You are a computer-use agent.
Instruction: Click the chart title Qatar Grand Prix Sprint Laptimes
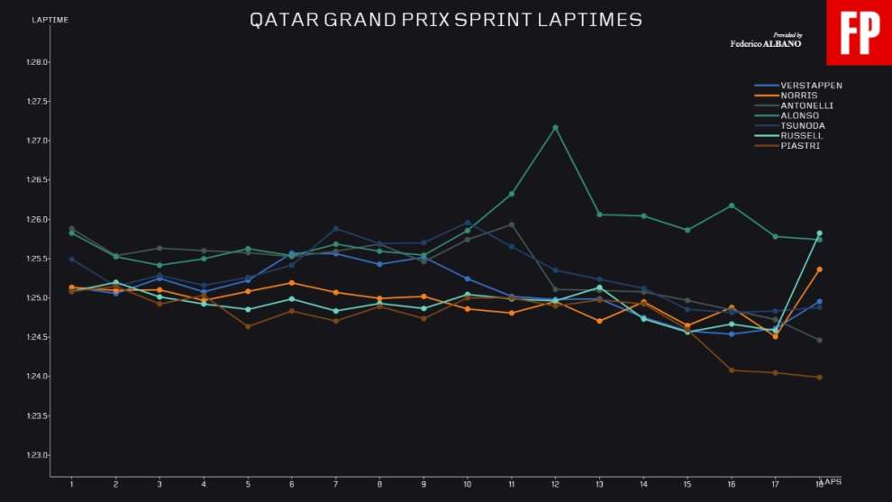point(445,20)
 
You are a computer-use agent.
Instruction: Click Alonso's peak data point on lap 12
point(555,128)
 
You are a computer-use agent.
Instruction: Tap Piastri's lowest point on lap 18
point(819,377)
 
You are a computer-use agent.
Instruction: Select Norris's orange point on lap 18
point(819,269)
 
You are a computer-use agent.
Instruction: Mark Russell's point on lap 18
point(819,233)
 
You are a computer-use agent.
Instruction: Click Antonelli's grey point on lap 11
point(511,224)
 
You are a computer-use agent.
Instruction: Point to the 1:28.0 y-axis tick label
point(36,62)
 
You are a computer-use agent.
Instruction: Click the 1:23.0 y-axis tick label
point(36,455)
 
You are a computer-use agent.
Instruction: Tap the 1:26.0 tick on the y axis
point(36,220)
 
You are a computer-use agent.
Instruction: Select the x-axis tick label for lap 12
point(555,484)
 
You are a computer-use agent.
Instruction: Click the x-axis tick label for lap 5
point(248,484)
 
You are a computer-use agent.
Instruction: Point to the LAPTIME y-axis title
point(50,20)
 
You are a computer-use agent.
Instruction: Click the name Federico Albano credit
point(766,43)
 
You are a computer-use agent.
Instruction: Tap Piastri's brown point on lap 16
point(731,370)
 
